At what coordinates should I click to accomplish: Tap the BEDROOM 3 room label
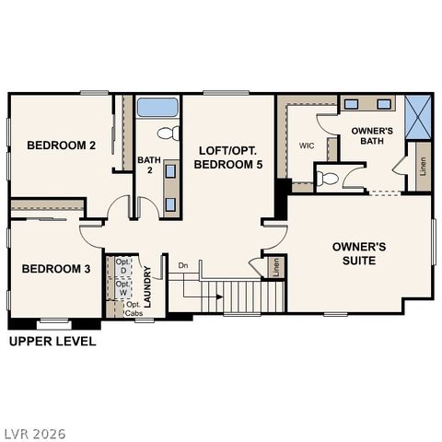[x=55, y=269]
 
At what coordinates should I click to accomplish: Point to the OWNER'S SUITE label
[x=359, y=254]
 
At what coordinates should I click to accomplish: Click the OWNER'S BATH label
[x=373, y=136]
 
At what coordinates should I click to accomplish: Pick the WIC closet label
[x=307, y=145]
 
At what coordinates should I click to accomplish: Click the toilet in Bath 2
[x=167, y=134]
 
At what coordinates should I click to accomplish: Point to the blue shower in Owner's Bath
[x=419, y=117]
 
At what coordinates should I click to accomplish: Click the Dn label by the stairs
[x=183, y=266]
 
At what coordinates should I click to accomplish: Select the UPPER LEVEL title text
[x=52, y=342]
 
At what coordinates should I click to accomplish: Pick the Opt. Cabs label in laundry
[x=134, y=309]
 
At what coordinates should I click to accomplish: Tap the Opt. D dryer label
[x=122, y=267]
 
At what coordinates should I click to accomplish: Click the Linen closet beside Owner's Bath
[x=423, y=168]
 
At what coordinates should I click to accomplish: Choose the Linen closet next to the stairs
[x=276, y=268]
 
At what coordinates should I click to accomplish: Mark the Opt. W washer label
[x=122, y=288]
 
